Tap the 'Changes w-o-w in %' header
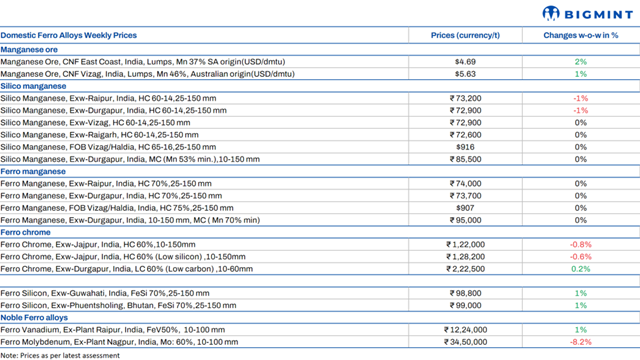[580, 35]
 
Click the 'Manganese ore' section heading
[30, 48]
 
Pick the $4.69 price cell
[465, 61]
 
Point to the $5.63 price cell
[465, 73]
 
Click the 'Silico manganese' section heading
[34, 86]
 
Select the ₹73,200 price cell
[465, 98]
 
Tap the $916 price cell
[465, 147]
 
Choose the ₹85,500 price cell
[465, 159]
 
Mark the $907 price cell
[465, 208]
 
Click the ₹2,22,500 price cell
[465, 269]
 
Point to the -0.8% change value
[580, 244]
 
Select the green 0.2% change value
[580, 269]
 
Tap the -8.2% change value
[580, 342]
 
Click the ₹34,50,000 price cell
[465, 342]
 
